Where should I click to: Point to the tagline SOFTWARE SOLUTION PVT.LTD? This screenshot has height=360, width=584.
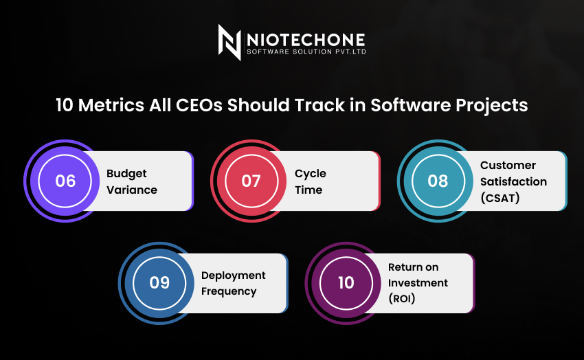[x=306, y=54]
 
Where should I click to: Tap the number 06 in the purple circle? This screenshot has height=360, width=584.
[x=65, y=181]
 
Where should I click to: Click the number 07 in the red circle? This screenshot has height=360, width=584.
[x=251, y=181]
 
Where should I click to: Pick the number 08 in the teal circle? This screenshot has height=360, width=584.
[x=438, y=181]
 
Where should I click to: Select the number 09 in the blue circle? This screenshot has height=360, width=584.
[x=159, y=282]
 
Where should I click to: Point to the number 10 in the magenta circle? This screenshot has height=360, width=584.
[x=346, y=282]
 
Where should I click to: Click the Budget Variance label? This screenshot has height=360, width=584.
[x=132, y=181]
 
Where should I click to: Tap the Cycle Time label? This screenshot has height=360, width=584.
[x=310, y=181]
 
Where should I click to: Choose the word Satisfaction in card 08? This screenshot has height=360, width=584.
[x=513, y=181]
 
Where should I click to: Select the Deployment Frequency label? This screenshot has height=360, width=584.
[x=233, y=283]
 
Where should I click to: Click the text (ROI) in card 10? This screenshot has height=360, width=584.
[x=402, y=299]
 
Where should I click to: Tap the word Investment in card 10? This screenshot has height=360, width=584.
[x=418, y=283]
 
